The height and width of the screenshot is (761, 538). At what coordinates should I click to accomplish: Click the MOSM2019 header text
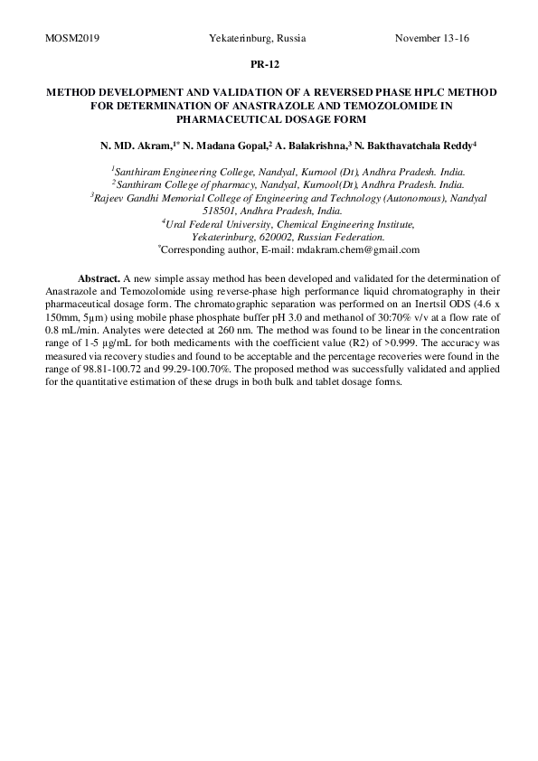71,39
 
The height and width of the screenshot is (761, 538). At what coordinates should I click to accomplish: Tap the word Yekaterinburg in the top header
236,39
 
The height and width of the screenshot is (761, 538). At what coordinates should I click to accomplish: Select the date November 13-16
432,39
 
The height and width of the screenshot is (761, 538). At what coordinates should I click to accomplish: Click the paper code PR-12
268,65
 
